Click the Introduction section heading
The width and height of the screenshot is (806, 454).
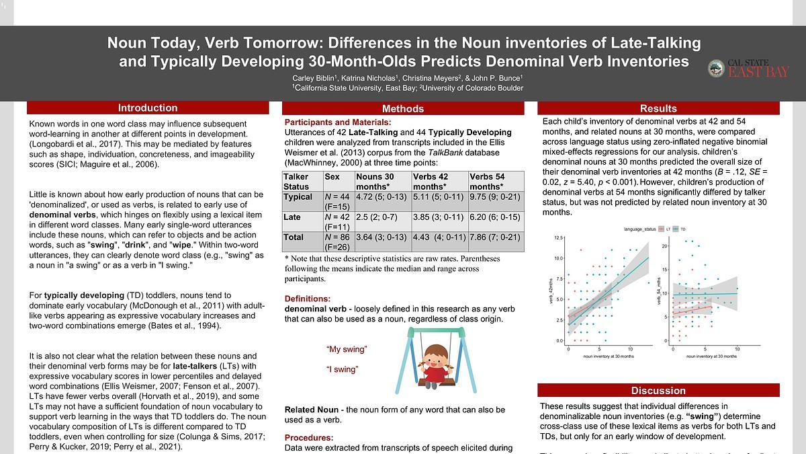click(x=148, y=108)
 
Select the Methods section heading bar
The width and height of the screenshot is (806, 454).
click(x=403, y=108)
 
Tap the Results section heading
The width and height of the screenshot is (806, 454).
click(x=658, y=108)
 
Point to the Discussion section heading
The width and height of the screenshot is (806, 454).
click(x=658, y=390)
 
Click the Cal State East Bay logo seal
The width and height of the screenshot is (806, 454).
click(x=716, y=68)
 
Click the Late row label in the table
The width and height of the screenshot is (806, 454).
click(x=292, y=217)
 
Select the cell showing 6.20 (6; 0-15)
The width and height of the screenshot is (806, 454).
click(x=496, y=217)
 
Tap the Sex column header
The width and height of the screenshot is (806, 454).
click(x=332, y=176)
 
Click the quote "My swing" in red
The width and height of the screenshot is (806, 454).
click(x=347, y=349)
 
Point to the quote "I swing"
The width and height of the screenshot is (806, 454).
click(x=342, y=369)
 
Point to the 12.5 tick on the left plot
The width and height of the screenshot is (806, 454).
click(x=559, y=238)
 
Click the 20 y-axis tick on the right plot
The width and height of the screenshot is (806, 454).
click(x=664, y=245)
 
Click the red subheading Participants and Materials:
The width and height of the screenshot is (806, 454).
click(x=338, y=122)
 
